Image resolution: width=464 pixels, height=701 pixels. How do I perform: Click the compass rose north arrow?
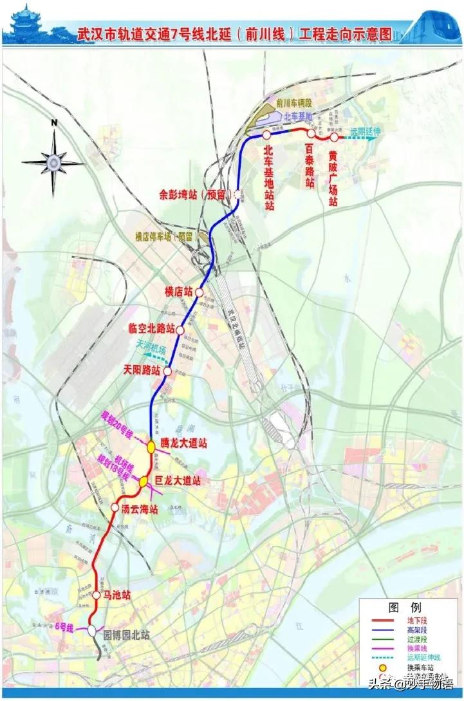[x=55, y=158]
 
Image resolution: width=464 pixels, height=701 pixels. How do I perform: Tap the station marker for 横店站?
[x=200, y=292]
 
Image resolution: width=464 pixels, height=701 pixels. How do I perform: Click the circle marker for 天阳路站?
[x=168, y=371]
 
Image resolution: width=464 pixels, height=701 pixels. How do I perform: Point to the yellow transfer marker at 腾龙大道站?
[x=151, y=445]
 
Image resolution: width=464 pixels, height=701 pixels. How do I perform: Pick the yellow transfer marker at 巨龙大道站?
[x=145, y=480]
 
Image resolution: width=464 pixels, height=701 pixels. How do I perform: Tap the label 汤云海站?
[x=140, y=508]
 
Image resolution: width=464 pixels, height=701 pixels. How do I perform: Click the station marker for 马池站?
[x=97, y=595]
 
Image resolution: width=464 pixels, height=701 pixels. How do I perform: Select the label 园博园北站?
[x=126, y=633]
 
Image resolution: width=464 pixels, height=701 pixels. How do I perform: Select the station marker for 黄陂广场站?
[x=334, y=137]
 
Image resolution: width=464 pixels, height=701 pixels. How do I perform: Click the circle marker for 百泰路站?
[x=310, y=133]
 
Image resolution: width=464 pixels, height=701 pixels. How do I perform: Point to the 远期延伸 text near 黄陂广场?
[x=365, y=131]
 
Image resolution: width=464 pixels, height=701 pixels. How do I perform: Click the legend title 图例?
[x=404, y=607]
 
